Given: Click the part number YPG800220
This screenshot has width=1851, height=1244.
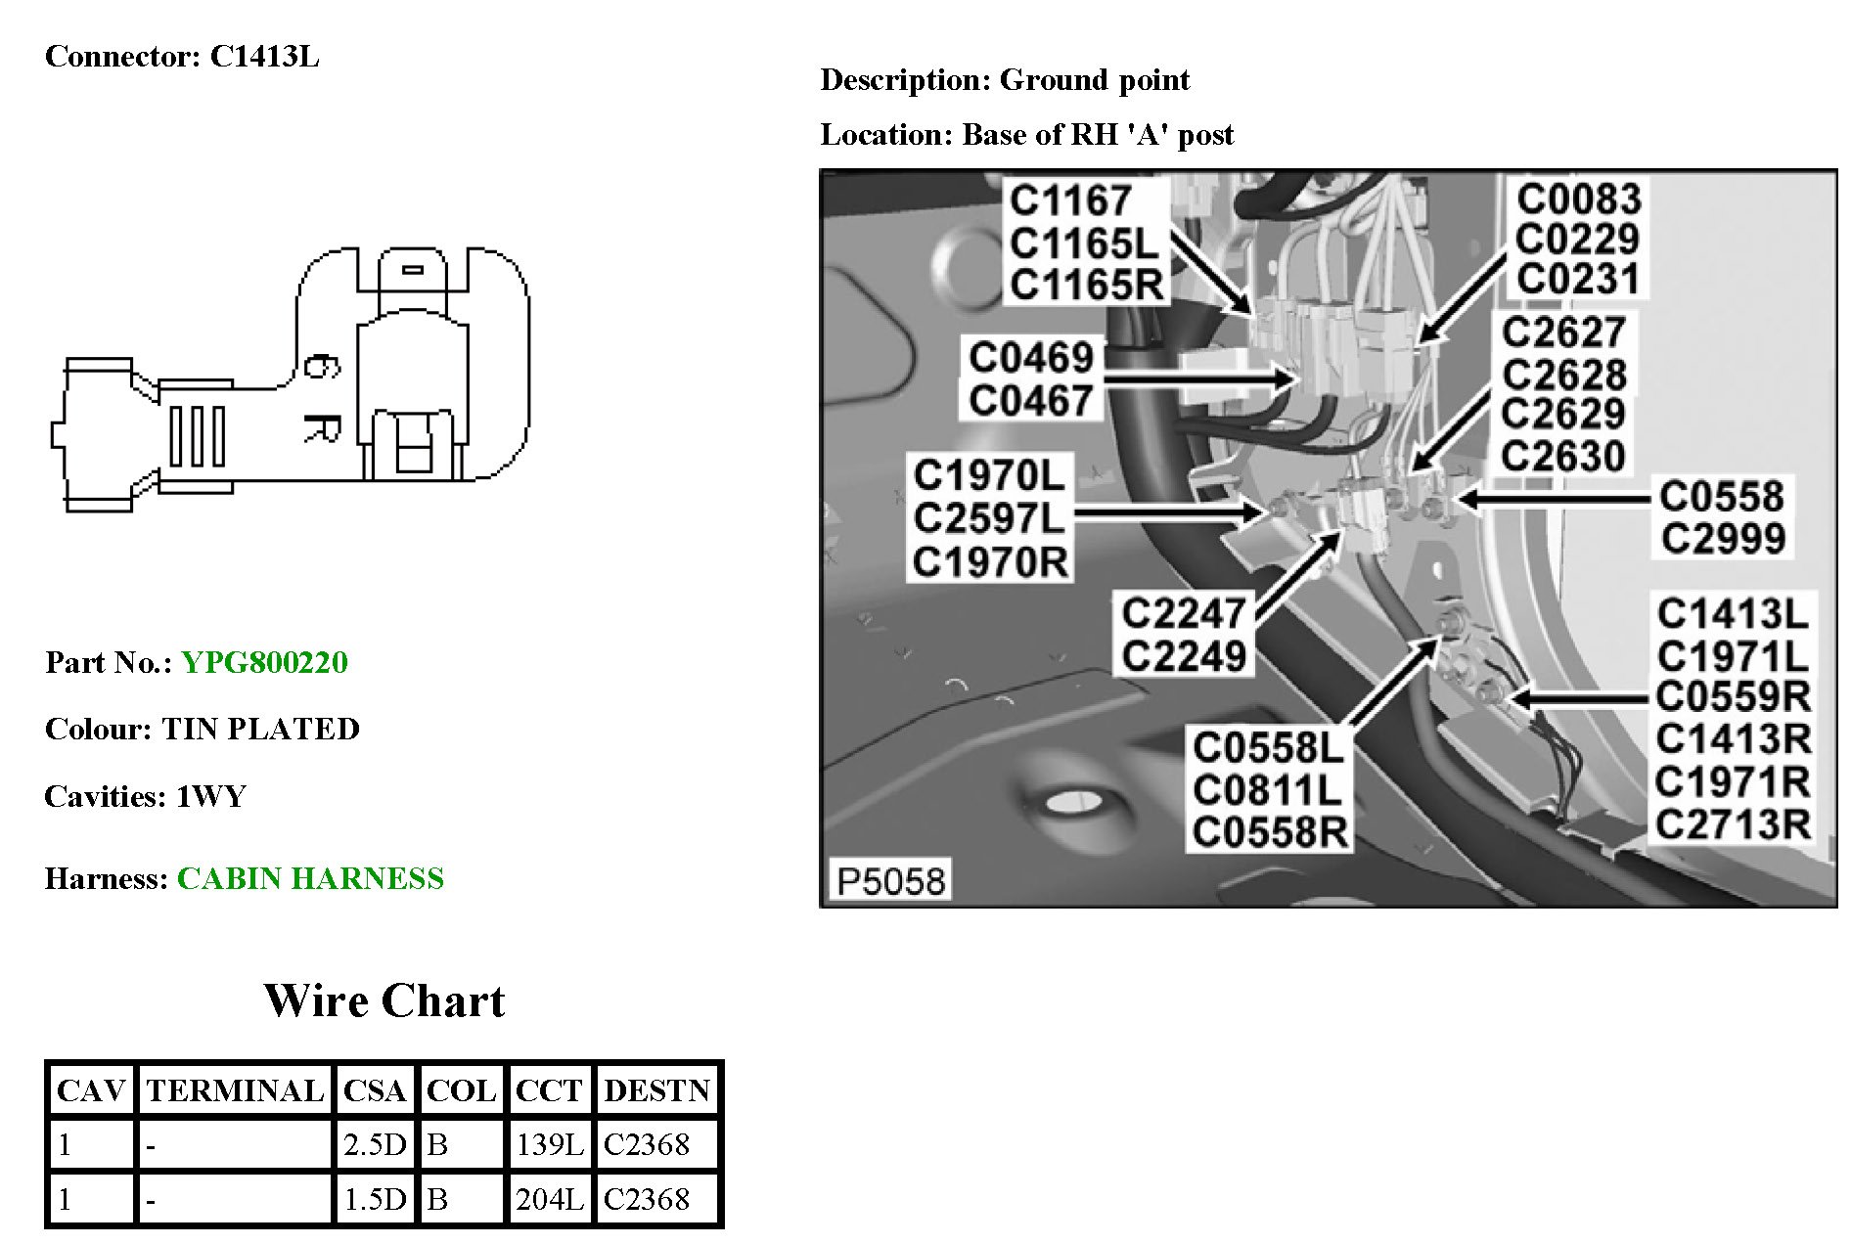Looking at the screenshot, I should pyautogui.click(x=264, y=663).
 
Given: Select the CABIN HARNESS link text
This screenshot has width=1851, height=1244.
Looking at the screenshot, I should pyautogui.click(x=310, y=878).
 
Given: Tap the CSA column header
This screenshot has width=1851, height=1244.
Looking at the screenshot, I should pyautogui.click(x=374, y=1090).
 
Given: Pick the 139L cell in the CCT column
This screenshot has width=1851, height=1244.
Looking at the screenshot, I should pyautogui.click(x=549, y=1144).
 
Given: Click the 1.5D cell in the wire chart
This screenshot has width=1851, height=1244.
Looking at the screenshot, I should pyautogui.click(x=374, y=1199).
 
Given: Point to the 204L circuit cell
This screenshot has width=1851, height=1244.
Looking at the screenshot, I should pyautogui.click(x=549, y=1199).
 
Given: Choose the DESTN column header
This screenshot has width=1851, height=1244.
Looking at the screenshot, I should pyautogui.click(x=656, y=1090).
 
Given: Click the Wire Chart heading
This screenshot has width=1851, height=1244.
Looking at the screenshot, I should pyautogui.click(x=384, y=1000).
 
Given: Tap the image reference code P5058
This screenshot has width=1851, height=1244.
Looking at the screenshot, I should pyautogui.click(x=890, y=881).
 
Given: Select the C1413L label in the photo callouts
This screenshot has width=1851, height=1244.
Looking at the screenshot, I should pyautogui.click(x=1732, y=614).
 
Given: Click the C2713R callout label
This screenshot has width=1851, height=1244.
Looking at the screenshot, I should pyautogui.click(x=1732, y=824).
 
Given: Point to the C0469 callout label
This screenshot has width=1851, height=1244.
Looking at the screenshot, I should pyautogui.click(x=1031, y=358).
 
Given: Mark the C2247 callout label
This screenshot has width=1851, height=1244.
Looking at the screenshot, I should pyautogui.click(x=1184, y=614).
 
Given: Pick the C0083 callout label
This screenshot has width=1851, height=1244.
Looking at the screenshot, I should pyautogui.click(x=1578, y=200).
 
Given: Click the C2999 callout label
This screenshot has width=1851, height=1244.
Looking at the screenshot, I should pyautogui.click(x=1723, y=539).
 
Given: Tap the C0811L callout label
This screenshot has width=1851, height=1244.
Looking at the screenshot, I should pyautogui.click(x=1268, y=790).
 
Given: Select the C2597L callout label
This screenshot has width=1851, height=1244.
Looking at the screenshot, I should pyautogui.click(x=988, y=519).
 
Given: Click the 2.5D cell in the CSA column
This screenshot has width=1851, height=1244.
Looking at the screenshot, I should pyautogui.click(x=374, y=1144).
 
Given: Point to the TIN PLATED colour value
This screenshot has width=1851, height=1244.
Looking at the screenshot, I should pyautogui.click(x=260, y=730).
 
